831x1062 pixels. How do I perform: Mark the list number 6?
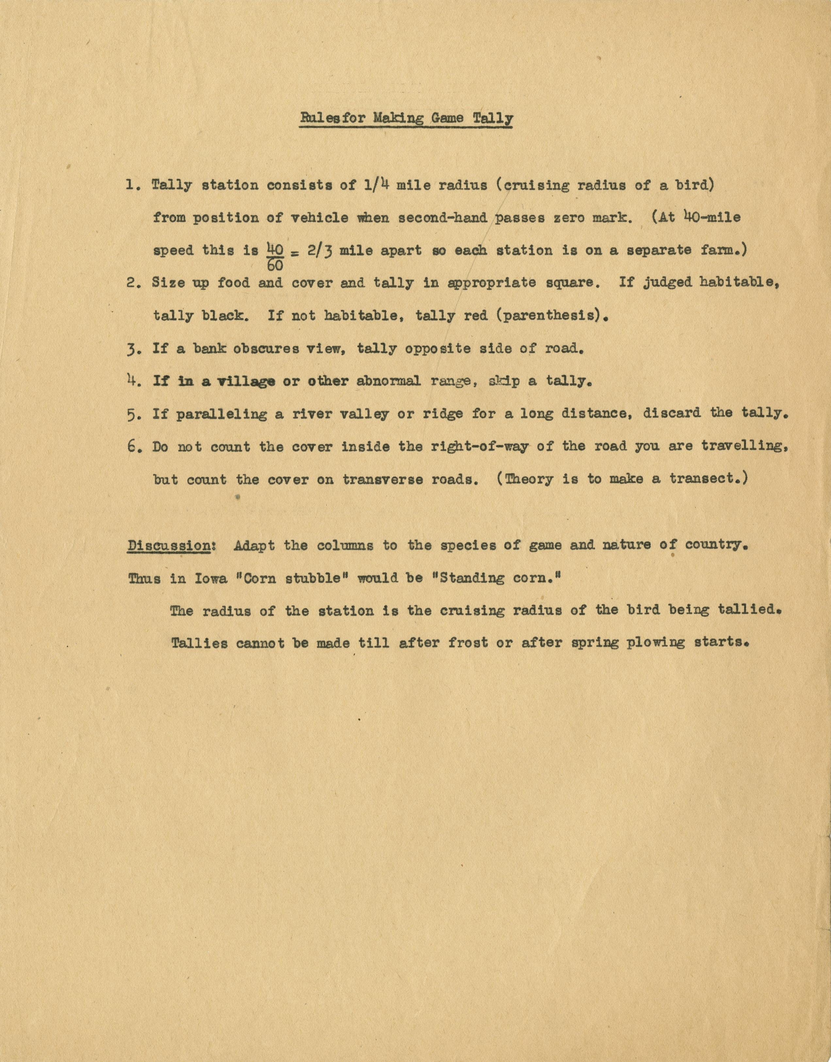133,447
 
